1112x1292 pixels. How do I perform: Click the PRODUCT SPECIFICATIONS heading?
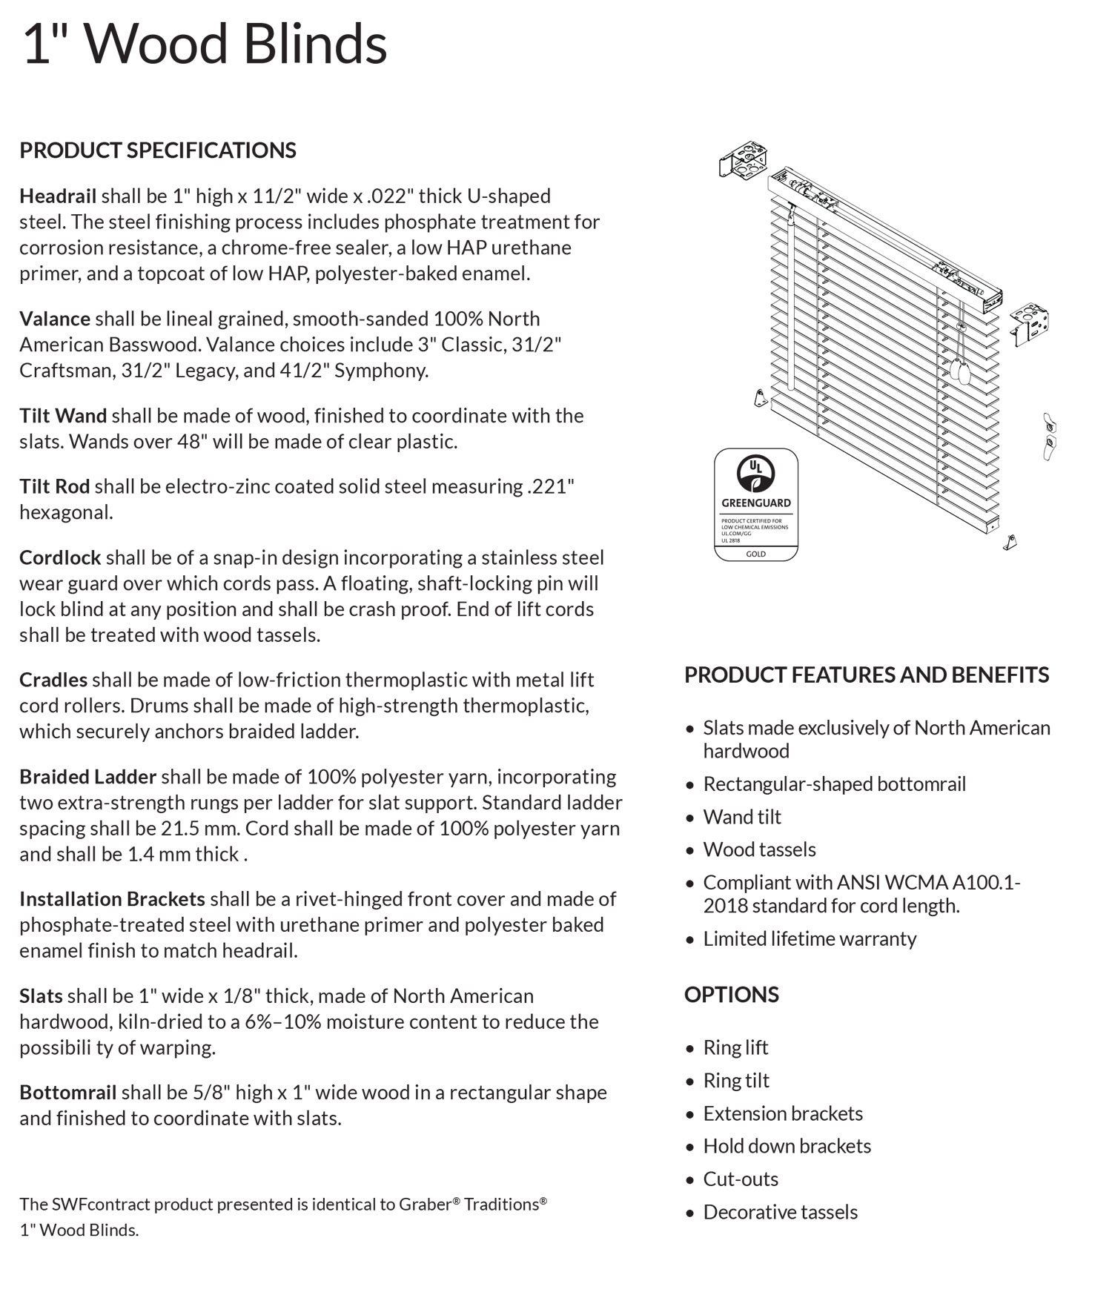coord(158,150)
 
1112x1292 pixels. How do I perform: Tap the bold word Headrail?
coord(58,196)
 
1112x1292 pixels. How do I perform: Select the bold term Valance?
coord(55,319)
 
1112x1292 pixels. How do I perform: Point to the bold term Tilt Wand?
coord(63,416)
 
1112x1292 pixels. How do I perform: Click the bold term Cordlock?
coord(60,557)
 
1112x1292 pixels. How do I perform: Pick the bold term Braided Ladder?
coord(87,777)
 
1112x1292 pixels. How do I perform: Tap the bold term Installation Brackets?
coord(112,899)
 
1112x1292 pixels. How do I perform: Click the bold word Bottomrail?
coord(68,1093)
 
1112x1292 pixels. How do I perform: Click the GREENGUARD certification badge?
coord(755,504)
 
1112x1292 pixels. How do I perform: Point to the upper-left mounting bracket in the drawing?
coord(743,162)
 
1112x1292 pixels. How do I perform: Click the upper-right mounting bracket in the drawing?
coord(1030,323)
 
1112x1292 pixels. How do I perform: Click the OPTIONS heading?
coord(731,995)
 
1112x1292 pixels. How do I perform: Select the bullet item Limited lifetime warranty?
coord(810,939)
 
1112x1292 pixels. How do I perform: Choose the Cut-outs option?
coord(741,1179)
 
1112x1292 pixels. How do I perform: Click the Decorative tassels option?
coord(780,1213)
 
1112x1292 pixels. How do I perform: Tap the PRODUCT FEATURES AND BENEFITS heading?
coord(867,675)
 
